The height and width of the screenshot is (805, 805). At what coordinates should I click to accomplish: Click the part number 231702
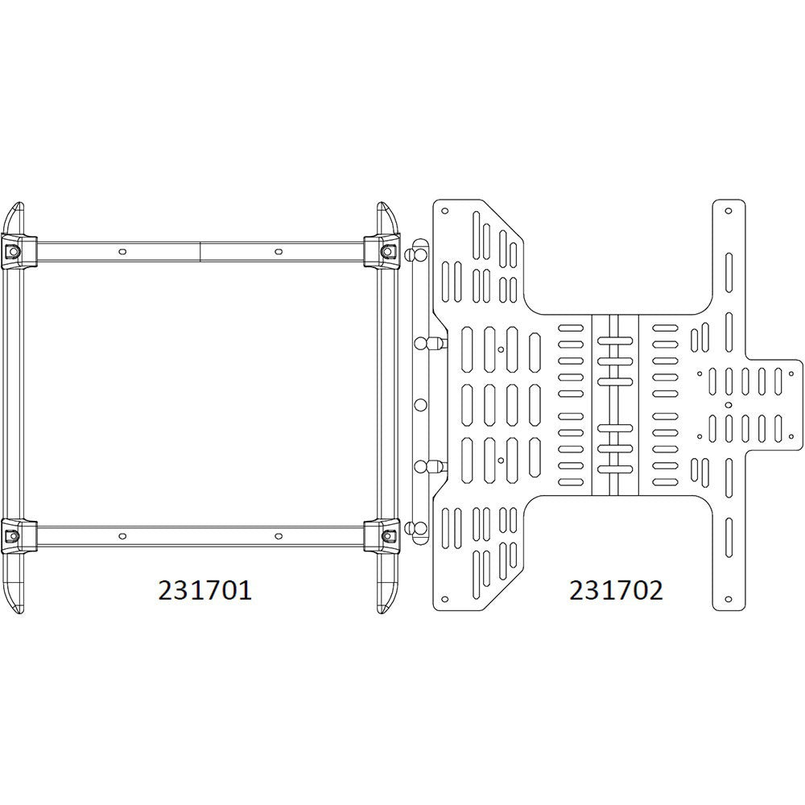click(x=616, y=590)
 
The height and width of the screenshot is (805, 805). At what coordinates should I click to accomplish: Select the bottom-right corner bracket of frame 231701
click(x=385, y=535)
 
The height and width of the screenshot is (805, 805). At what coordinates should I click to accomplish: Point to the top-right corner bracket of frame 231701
click(x=385, y=250)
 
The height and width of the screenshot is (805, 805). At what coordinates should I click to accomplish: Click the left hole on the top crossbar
click(x=122, y=251)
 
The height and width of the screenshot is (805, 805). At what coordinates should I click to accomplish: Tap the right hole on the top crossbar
click(x=278, y=251)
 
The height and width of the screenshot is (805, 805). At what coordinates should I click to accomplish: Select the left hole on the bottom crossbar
click(x=122, y=536)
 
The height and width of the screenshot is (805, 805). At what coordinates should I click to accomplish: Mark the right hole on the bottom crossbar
click(x=278, y=536)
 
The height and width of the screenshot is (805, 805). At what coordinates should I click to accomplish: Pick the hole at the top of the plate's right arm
click(x=729, y=211)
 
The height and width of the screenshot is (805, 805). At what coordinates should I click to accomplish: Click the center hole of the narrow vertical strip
click(x=419, y=404)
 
